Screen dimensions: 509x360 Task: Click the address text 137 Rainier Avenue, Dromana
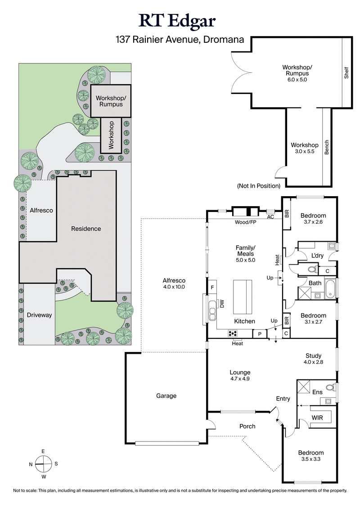(180, 40)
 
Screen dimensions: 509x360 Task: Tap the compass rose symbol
(43, 463)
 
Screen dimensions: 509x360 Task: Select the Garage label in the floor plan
(166, 396)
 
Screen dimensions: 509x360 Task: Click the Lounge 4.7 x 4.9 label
(239, 375)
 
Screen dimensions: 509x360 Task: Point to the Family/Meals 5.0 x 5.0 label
(245, 254)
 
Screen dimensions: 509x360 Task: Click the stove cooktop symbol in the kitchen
(234, 333)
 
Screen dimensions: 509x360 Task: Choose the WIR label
(318, 418)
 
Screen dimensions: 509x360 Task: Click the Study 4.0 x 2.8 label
(314, 358)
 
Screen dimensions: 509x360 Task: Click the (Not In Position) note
(259, 186)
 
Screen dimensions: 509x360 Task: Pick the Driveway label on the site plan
(39, 315)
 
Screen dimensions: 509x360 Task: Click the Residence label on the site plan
(86, 229)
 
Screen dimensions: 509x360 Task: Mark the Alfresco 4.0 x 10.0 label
(174, 284)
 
